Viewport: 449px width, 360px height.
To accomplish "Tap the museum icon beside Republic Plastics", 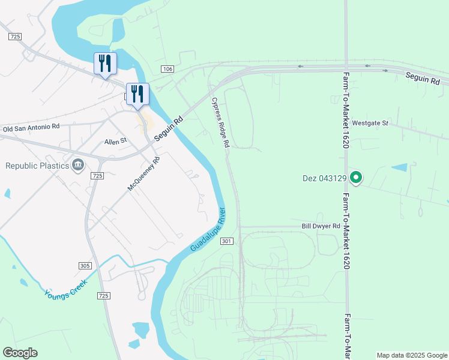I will [x=78, y=165].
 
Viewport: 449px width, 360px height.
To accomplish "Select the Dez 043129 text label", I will [x=325, y=178].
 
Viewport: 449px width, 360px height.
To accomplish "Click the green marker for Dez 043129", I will [x=356, y=178].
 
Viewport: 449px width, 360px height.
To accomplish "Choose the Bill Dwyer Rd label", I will [x=321, y=226].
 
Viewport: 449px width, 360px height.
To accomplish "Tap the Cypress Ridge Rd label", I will [x=220, y=122].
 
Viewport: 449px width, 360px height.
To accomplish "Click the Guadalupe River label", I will [x=208, y=230].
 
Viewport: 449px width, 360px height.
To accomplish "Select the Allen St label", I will [x=116, y=142].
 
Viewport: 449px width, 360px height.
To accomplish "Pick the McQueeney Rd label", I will [x=145, y=173].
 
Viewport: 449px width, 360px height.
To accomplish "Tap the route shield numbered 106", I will [x=167, y=70].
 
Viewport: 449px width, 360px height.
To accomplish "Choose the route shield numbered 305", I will [x=85, y=265].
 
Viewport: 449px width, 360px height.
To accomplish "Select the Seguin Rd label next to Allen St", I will [x=169, y=130].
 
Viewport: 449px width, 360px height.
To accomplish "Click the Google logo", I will [x=20, y=353].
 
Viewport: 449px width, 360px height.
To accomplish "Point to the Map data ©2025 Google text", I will [x=411, y=355].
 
